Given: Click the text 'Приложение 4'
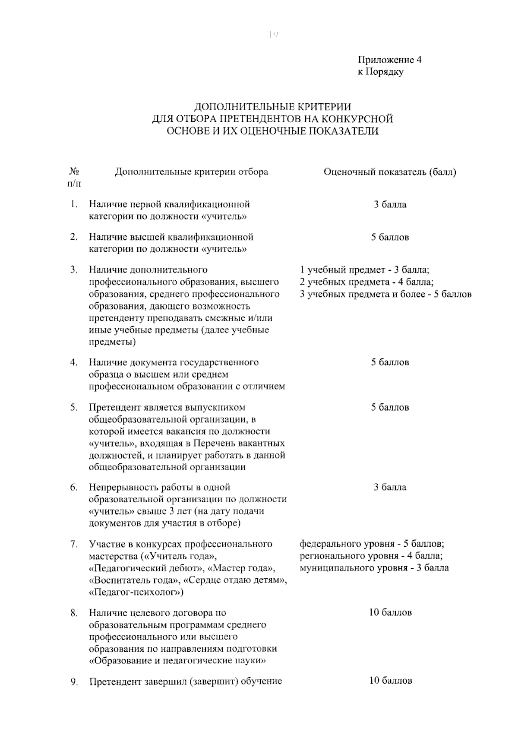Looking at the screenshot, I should pos(389,60).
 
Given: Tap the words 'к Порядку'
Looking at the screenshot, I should pos(380,72).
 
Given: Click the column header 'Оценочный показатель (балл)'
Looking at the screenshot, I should pos(390,172).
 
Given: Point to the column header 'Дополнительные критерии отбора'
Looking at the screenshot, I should pos(191,172).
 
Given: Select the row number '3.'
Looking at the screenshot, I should pos(74,270).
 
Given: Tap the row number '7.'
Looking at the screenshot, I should pos(74,544).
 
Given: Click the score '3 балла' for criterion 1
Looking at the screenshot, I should pos(390,204).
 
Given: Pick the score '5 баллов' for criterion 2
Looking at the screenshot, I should pos(390,237).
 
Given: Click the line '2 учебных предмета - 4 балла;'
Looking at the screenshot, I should pos(367,282).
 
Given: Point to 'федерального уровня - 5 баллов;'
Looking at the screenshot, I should pos(372,544).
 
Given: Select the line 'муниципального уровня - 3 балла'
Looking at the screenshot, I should pos(374,567).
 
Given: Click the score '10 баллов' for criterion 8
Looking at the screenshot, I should pos(390,612).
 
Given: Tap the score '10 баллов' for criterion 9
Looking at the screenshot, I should pos(390,681).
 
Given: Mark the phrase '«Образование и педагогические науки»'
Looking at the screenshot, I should pos(177,661).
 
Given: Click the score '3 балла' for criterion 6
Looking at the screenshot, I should pos(390,487).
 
